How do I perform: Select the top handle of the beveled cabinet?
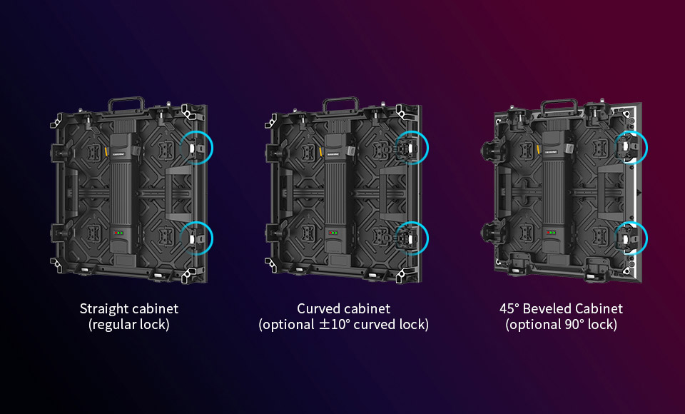coord(559,102)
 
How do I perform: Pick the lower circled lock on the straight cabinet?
coord(194,238)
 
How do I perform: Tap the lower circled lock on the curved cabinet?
coord(407,238)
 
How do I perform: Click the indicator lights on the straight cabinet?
coord(118,233)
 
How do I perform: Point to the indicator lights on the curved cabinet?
coord(333,233)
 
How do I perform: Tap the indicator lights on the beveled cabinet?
coord(552,233)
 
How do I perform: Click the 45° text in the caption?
coord(509,308)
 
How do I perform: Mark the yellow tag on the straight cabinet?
coord(106,151)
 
